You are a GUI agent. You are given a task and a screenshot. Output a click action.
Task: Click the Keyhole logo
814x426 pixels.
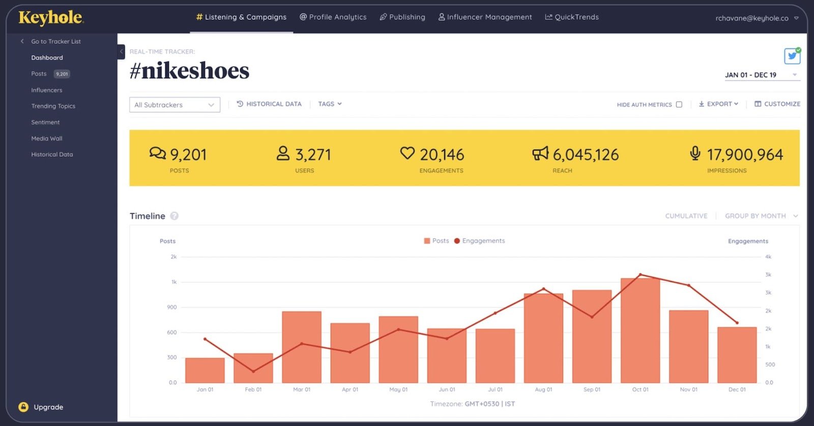point(51,18)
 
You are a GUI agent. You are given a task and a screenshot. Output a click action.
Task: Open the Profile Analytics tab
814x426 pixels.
point(333,17)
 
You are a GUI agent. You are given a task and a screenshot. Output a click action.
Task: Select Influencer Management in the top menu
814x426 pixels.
point(485,17)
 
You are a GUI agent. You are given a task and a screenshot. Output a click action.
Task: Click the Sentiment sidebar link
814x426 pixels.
point(45,123)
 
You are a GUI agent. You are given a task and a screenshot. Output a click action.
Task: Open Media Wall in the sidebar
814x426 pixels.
point(46,138)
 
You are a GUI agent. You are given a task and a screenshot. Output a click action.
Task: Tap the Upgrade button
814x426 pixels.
point(41,407)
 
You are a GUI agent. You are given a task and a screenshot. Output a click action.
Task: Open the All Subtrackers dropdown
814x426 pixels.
point(175,105)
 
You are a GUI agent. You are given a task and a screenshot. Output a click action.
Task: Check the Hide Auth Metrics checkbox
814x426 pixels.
point(679,104)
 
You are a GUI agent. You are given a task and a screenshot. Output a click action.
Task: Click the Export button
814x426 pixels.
point(718,104)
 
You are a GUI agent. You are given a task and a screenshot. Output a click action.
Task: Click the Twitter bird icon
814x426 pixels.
point(792,56)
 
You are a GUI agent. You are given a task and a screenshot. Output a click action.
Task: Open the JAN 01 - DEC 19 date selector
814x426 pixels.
point(761,75)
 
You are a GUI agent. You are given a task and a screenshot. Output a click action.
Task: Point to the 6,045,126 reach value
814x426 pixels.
point(586,155)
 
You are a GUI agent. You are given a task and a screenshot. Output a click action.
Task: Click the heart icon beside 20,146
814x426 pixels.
point(407,153)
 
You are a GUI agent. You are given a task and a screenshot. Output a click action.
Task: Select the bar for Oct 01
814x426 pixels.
point(640,330)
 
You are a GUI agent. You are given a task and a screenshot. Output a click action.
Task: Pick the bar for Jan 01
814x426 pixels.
point(205,371)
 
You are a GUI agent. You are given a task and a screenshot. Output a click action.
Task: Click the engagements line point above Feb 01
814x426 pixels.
point(253,371)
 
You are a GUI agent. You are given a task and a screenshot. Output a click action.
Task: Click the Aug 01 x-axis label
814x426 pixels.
point(543,389)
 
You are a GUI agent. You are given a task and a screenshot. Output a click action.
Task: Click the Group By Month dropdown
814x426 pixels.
point(761,216)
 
